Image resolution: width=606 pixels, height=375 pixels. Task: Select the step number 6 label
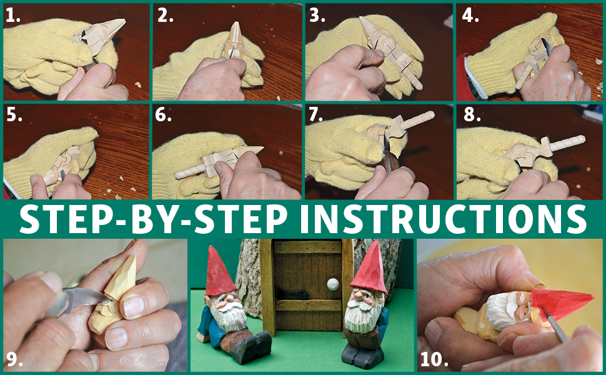coord(163,115)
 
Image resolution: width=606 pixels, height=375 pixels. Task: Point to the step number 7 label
coord(315,115)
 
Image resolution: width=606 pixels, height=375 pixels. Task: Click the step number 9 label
coord(14,359)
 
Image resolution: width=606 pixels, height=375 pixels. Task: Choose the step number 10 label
coord(434,359)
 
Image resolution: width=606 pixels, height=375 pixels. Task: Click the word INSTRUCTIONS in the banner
coord(443,219)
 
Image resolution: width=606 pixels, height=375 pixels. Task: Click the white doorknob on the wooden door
coord(332,284)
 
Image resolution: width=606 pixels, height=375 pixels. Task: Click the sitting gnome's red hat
coord(219,271)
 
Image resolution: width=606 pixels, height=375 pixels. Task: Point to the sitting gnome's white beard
coord(228,315)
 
